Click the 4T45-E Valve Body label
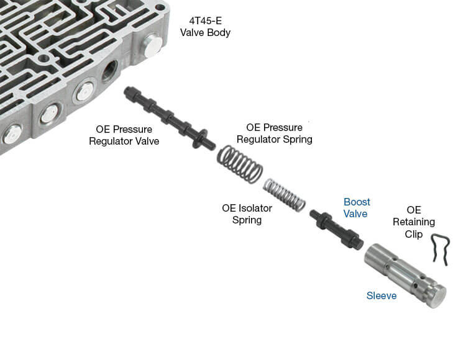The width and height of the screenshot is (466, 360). coord(205,26)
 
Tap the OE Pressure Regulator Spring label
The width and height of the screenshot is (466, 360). coord(274,133)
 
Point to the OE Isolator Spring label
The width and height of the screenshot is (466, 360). coord(247,214)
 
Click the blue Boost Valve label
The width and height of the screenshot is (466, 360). coord(357,207)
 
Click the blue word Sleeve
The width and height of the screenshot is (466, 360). coord(381,295)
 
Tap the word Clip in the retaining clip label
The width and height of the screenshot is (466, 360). coord(414,234)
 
